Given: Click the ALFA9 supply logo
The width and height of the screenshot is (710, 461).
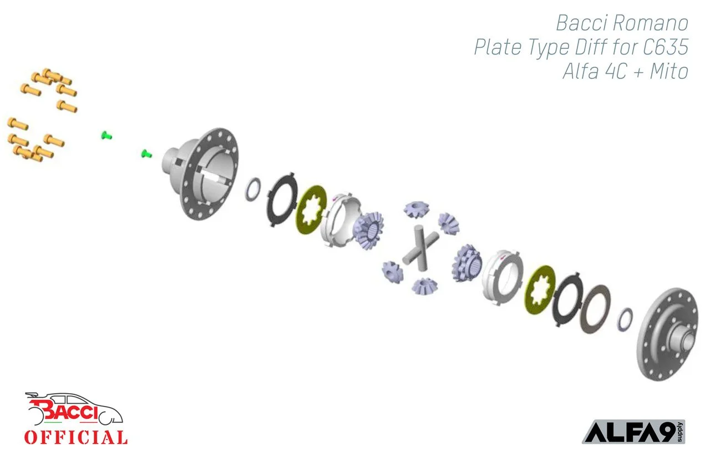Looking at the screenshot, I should (x=633, y=432).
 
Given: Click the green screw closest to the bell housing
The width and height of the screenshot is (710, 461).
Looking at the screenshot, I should (x=146, y=153).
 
